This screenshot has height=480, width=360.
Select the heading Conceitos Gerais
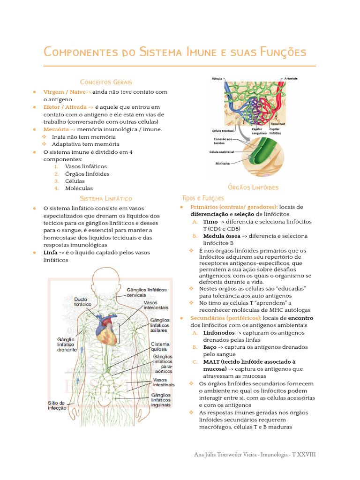coord(106,82)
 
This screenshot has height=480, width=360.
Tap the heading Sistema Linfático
coord(106,199)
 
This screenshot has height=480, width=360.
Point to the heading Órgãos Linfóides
coord(253,187)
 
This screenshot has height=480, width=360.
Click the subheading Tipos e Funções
coord(203,198)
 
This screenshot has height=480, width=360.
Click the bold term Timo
coord(210,221)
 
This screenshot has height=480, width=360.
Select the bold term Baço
coord(210,347)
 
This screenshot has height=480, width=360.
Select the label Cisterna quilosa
coord(160,347)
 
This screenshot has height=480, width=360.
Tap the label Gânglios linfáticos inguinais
coord(160,400)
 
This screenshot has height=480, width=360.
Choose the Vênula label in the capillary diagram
coord(217,79)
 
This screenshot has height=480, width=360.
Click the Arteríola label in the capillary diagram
coord(290,79)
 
